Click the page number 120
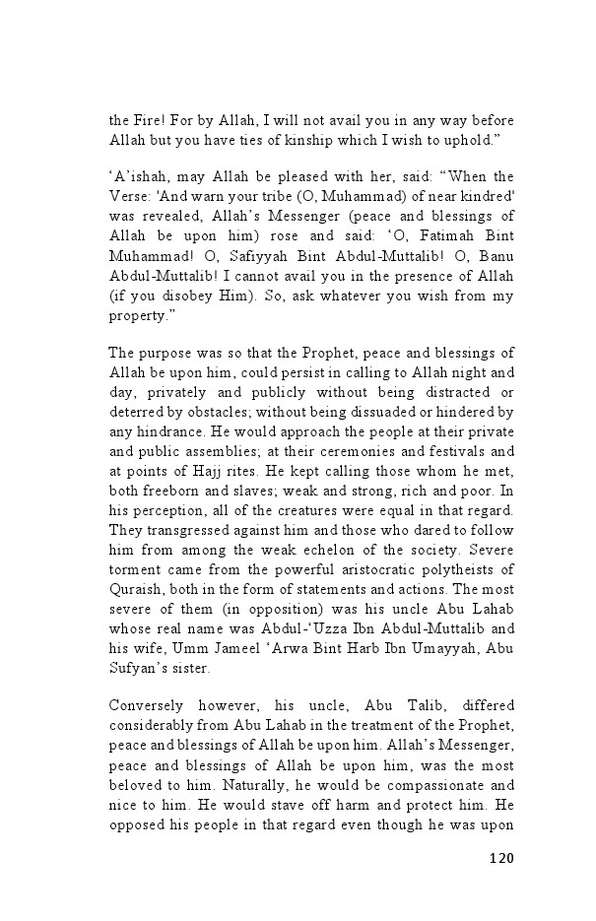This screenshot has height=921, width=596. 501,858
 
